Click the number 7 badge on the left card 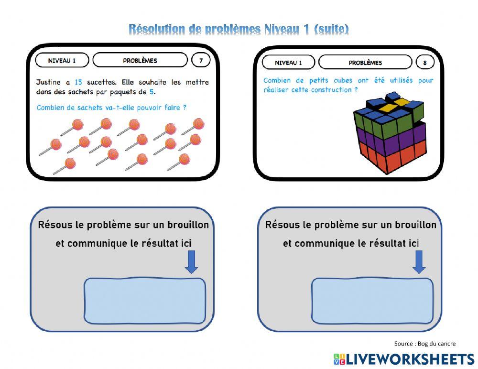(201, 60)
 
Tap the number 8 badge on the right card (424, 63)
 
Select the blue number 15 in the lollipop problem (79, 82)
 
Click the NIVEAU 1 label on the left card (62, 61)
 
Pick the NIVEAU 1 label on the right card (288, 63)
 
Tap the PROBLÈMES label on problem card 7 (140, 60)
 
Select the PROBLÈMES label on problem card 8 (365, 63)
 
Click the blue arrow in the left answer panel (192, 262)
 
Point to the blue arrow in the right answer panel (419, 262)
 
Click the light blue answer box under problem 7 (145, 301)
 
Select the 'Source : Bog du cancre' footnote (424, 344)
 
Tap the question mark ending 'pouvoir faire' (185, 108)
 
